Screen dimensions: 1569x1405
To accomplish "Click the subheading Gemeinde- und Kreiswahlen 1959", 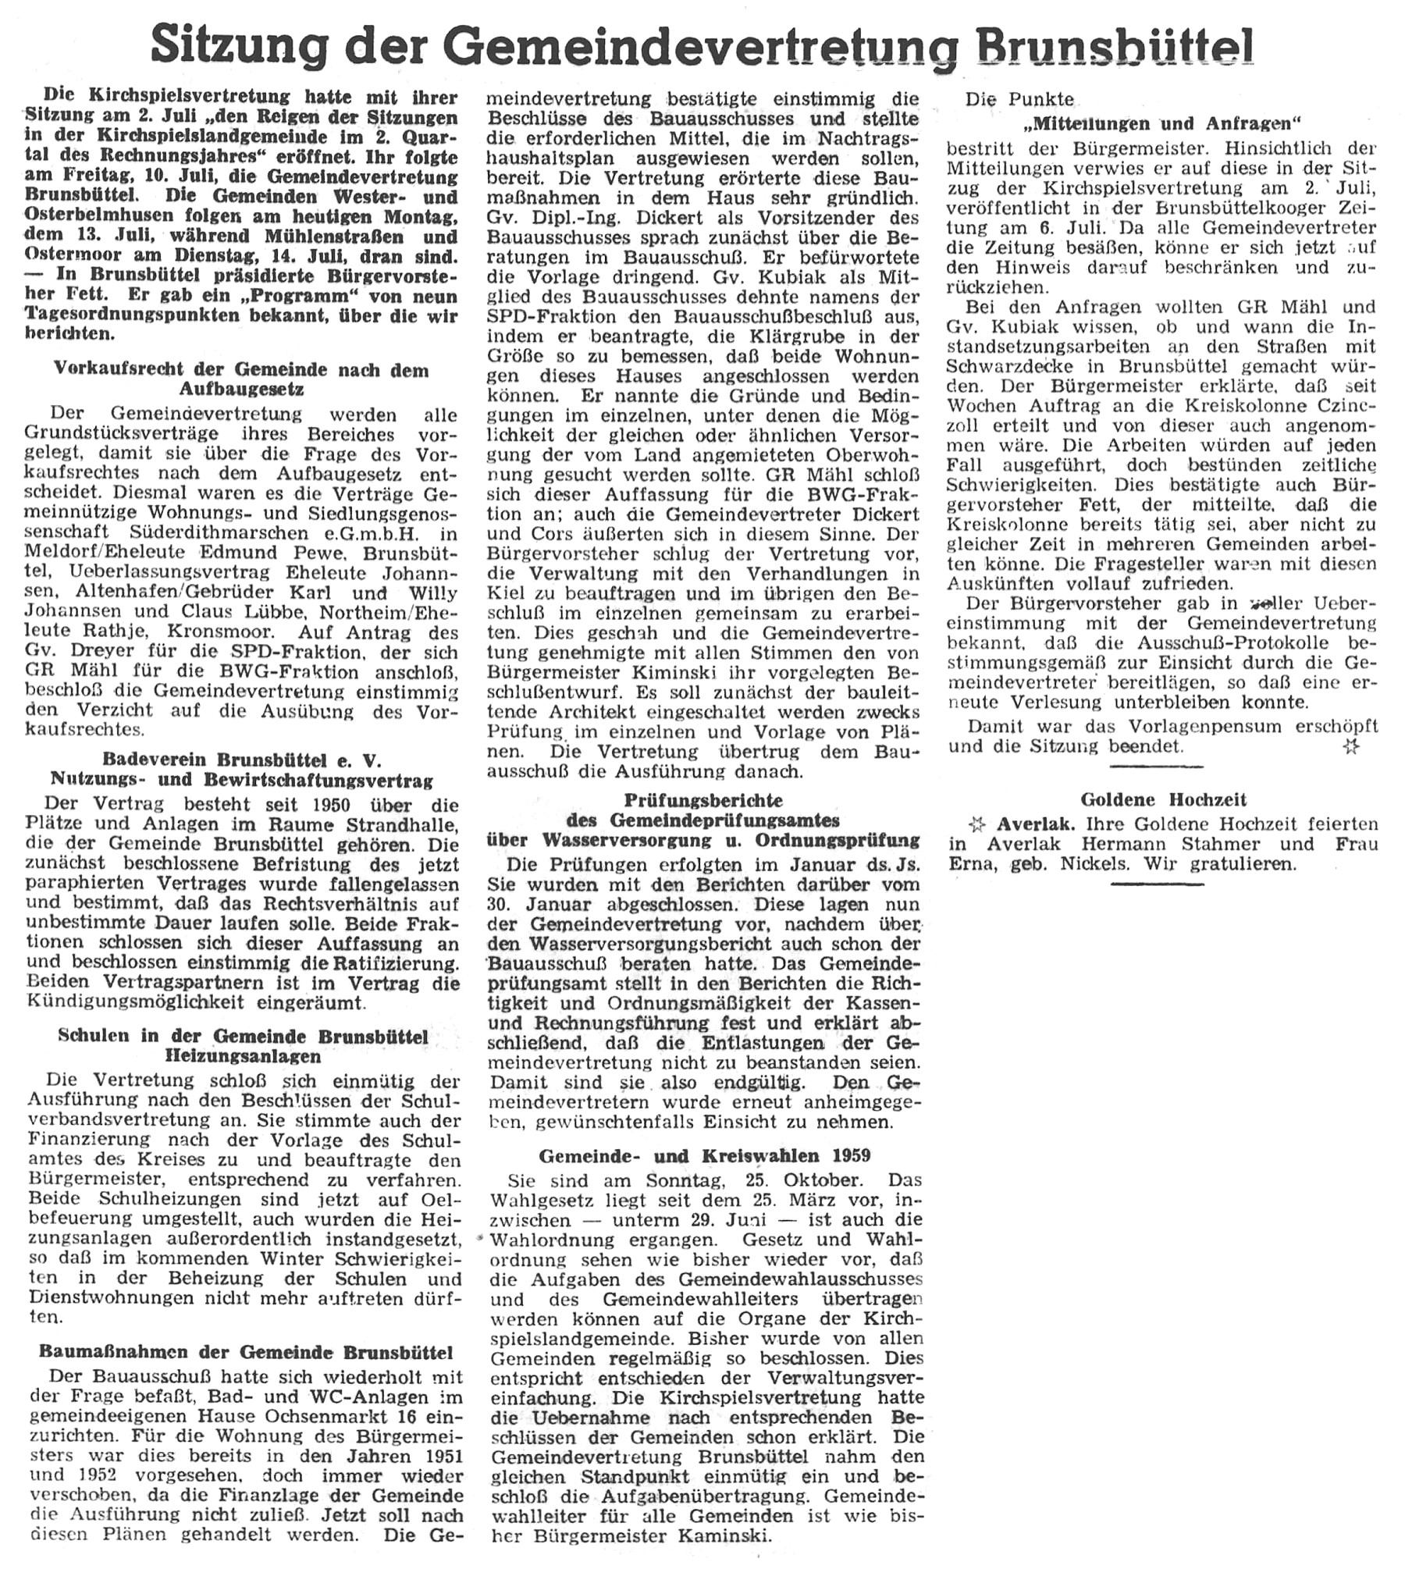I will [x=704, y=1156].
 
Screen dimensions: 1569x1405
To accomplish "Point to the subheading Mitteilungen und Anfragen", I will [x=1161, y=123].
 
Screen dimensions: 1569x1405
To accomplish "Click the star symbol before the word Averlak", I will [x=975, y=824].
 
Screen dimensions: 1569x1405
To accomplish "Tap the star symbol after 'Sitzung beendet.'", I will [x=1351, y=747].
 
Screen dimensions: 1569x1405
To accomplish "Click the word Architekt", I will [x=615, y=712].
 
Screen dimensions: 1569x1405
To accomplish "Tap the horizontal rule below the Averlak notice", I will [x=1157, y=884].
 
